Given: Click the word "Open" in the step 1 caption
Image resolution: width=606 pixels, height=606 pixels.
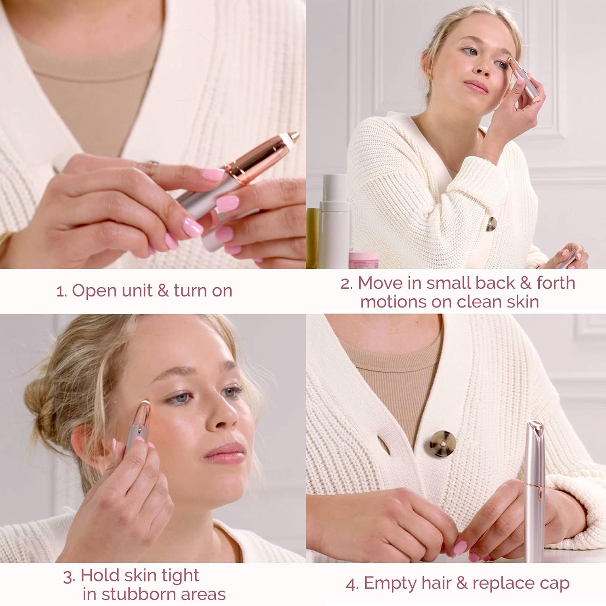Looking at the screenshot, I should point(92,291).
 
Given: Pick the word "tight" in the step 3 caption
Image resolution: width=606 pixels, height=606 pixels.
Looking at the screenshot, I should point(180,575).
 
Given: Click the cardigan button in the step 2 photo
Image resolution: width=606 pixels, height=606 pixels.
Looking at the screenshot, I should point(490,224).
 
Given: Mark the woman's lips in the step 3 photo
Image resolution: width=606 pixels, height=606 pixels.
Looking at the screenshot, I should point(225,452).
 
